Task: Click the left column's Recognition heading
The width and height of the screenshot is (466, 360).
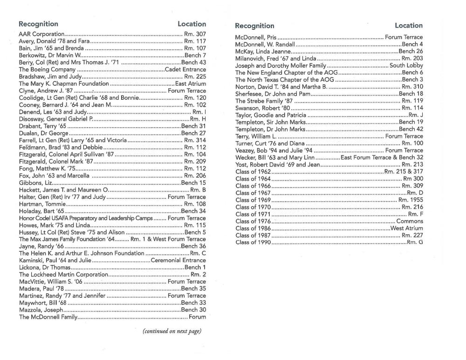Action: coord(38,24)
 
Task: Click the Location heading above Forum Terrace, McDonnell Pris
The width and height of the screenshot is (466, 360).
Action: coord(408,26)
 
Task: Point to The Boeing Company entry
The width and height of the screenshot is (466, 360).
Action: coord(41,69)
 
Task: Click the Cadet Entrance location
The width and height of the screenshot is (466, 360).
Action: coord(185,69)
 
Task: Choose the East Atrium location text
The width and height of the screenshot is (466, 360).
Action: coord(190,84)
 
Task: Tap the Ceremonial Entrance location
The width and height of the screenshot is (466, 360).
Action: coord(178,260)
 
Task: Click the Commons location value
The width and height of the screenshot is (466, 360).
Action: coord(410,221)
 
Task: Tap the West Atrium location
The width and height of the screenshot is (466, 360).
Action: coord(406,228)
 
